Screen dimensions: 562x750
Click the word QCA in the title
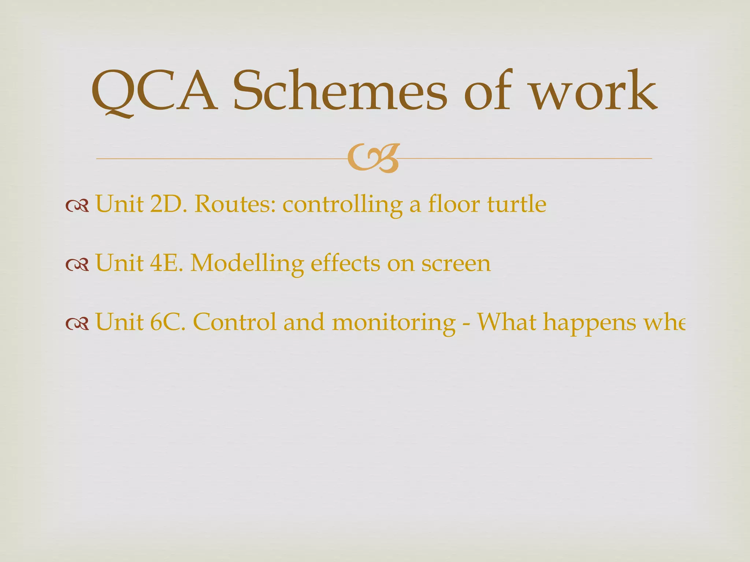point(154,91)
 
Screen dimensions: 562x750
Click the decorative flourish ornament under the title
point(373,158)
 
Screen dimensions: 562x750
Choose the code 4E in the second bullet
point(167,263)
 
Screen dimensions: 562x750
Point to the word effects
point(345,263)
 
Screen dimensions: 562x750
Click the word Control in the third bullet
point(234,322)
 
